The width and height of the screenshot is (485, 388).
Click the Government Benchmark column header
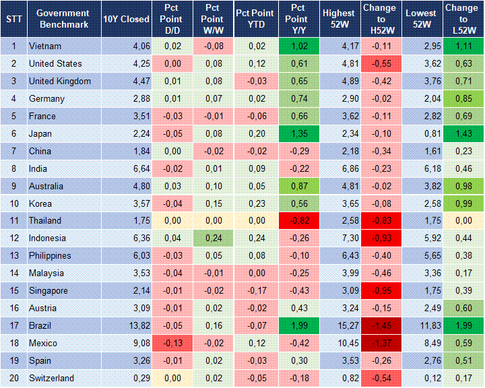[63, 19]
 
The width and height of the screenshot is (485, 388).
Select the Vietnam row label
[46, 46]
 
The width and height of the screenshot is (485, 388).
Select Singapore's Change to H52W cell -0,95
[380, 291]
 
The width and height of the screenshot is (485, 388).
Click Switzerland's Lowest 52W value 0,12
[422, 379]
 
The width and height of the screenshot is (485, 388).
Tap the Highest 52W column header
[338, 19]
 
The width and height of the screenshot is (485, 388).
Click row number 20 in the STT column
[13, 379]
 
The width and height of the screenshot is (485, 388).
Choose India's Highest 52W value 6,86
[338, 169]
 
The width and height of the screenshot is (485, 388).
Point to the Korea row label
[41, 203]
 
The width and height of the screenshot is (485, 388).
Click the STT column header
[13, 19]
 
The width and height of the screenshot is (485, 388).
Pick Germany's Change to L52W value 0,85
[462, 99]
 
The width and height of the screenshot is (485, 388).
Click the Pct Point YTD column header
[255, 19]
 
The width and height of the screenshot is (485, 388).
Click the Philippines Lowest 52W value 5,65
[422, 256]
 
